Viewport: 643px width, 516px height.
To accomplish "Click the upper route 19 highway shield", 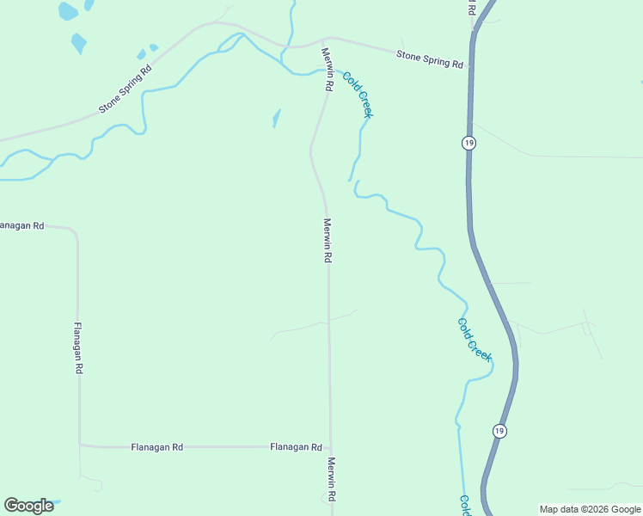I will pyautogui.click(x=468, y=143).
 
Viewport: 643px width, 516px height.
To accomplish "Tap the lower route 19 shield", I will pyautogui.click(x=499, y=429).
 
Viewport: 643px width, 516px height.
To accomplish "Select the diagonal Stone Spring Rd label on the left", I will pyautogui.click(x=126, y=89).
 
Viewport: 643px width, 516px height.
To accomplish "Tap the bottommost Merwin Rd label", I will pyautogui.click(x=330, y=479).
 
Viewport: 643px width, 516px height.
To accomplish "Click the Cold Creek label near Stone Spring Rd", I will pyautogui.click(x=357, y=95).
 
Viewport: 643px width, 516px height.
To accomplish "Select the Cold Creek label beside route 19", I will pyautogui.click(x=474, y=339).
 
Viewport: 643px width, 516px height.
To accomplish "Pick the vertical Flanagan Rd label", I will pyautogui.click(x=78, y=347).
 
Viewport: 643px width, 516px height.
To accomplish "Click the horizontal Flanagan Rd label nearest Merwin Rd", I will pyautogui.click(x=296, y=447).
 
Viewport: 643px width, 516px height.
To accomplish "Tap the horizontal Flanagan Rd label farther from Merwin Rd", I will pyautogui.click(x=157, y=447).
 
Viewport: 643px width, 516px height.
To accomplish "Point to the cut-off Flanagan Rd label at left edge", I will pyautogui.click(x=21, y=225).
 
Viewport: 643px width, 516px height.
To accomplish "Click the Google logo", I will pyautogui.click(x=29, y=506).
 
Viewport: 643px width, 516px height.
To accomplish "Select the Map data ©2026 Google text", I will pyautogui.click(x=590, y=509).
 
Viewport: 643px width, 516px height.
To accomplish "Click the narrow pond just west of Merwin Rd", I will pyautogui.click(x=276, y=118).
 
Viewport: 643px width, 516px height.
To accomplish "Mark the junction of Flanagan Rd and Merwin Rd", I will pyautogui.click(x=330, y=447).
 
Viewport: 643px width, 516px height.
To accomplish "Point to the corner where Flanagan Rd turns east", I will pyautogui.click(x=80, y=445).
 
